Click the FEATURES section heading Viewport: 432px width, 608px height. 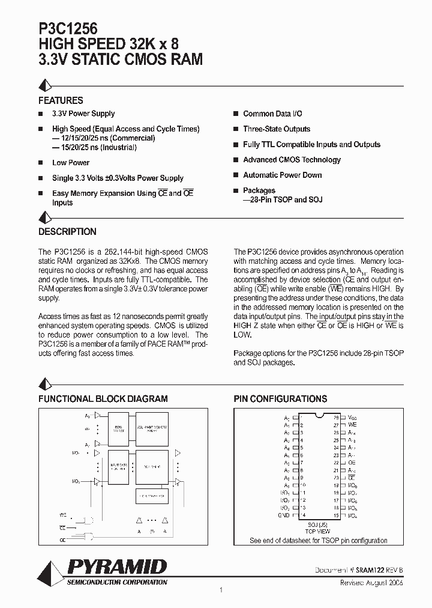[x=61, y=101]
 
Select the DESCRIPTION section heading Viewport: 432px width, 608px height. [x=67, y=232]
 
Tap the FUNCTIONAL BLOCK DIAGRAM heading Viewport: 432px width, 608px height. [x=103, y=399]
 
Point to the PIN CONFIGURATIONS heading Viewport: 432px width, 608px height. [x=280, y=399]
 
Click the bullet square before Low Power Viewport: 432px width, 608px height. [x=41, y=163]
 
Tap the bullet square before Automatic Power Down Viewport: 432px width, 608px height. [x=236, y=175]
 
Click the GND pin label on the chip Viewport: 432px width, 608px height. [x=284, y=515]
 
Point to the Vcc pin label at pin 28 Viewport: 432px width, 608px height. [x=352, y=417]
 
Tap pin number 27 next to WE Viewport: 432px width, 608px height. [x=337, y=425]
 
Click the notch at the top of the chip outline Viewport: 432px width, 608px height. [x=319, y=415]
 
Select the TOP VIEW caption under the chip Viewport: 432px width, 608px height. [x=319, y=532]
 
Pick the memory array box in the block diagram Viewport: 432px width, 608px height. [x=152, y=428]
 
